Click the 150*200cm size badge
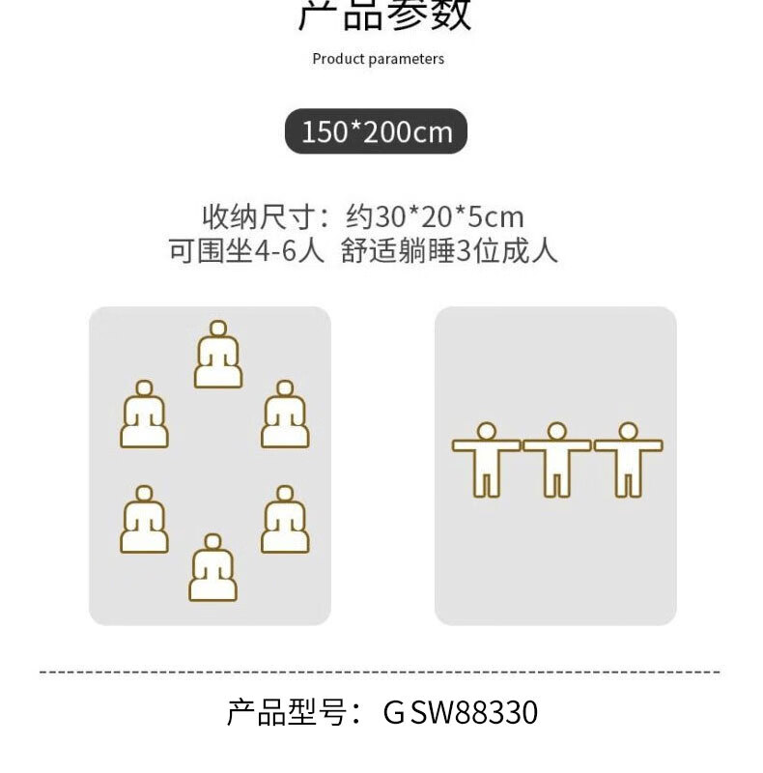(x=376, y=131)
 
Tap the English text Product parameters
(x=379, y=59)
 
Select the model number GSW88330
(x=461, y=713)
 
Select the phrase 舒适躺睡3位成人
(x=450, y=251)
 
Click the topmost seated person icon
(x=218, y=356)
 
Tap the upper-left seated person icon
(x=145, y=415)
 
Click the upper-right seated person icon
(x=285, y=415)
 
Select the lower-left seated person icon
(x=145, y=520)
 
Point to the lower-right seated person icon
(x=285, y=520)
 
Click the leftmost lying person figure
(x=487, y=459)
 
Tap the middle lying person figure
(x=557, y=459)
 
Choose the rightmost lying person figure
(x=629, y=459)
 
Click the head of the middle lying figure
(x=557, y=431)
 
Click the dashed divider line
(x=380, y=671)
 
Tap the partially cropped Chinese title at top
(x=384, y=14)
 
